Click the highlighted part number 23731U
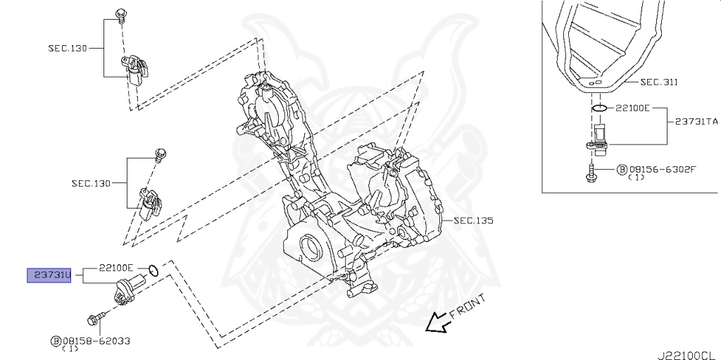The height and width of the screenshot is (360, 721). point(49,275)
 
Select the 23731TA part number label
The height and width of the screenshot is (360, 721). point(696,121)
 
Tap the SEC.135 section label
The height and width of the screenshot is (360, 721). point(473,221)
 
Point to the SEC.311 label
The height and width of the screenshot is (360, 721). point(659,82)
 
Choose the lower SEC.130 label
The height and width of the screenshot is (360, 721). point(91,184)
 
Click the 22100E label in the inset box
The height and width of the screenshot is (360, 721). point(632,108)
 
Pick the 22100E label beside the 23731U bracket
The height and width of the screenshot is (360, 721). point(115,268)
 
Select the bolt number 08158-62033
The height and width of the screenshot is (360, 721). point(94,340)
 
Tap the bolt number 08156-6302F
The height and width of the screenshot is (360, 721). point(661,169)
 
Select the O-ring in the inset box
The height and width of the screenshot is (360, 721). point(598,108)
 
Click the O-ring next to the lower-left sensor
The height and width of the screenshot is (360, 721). point(155,269)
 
